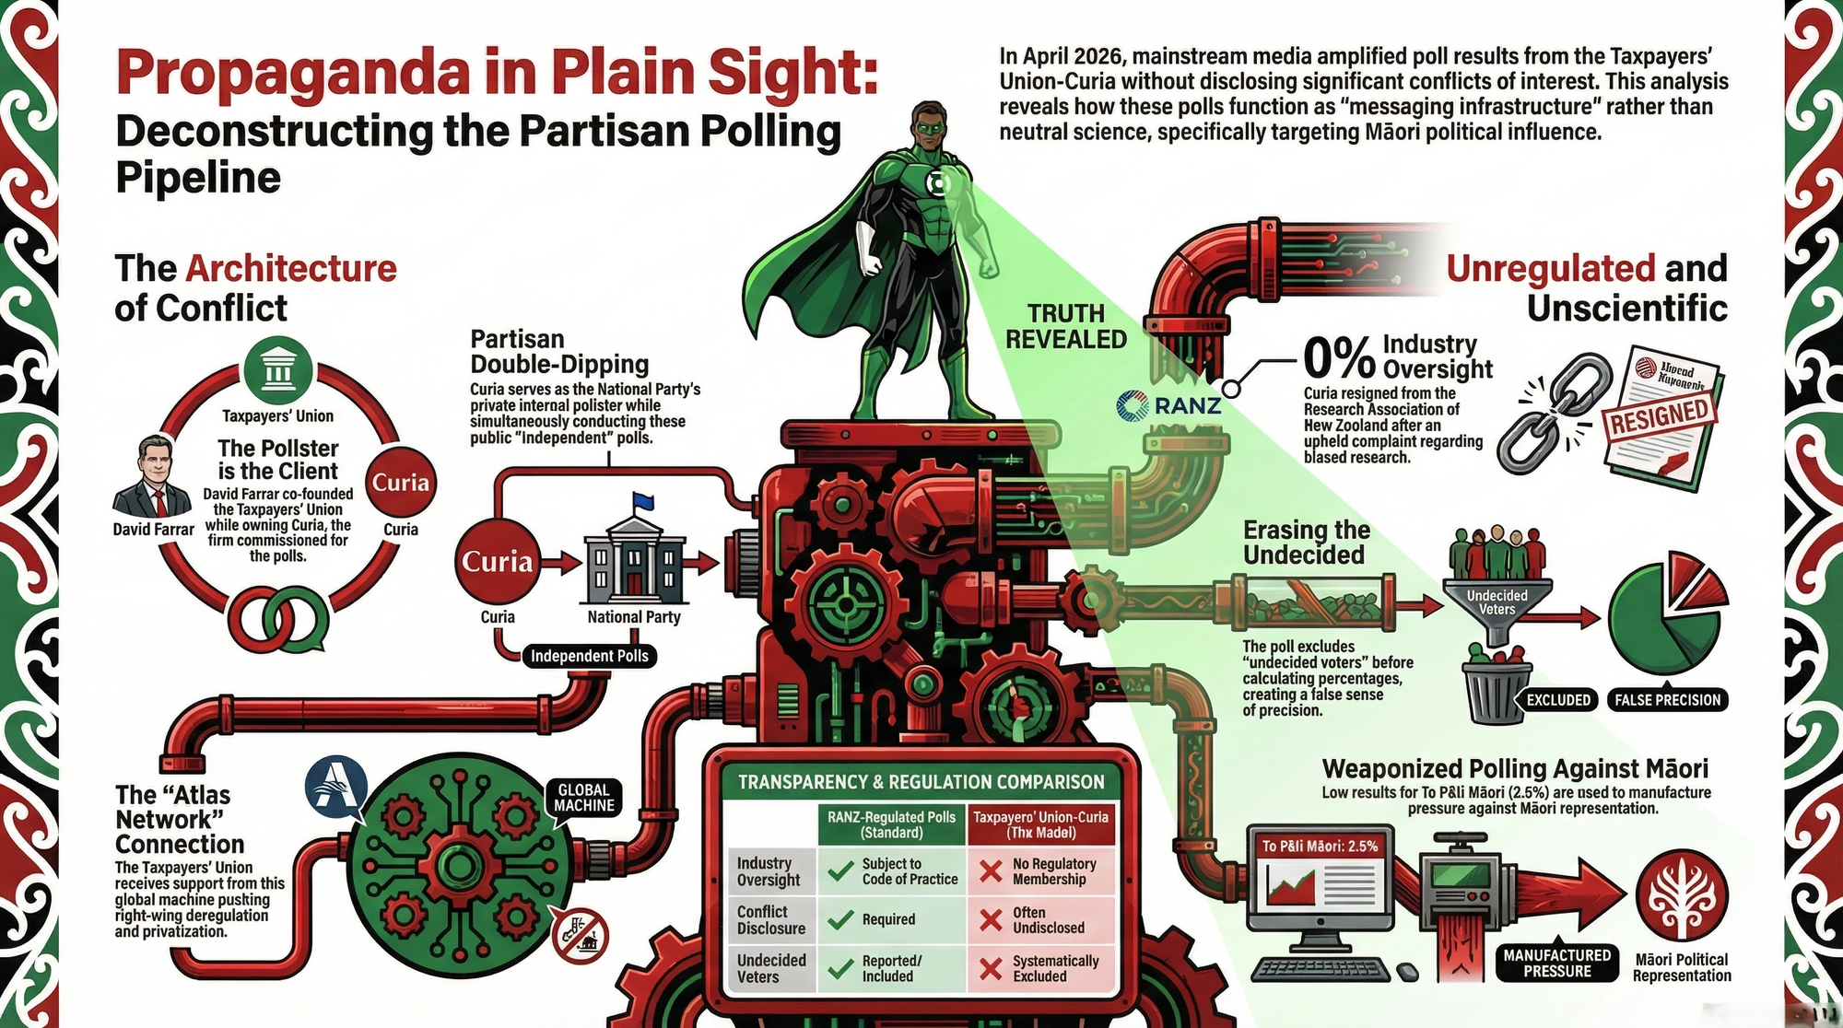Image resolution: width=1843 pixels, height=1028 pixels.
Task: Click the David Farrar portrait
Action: [152, 476]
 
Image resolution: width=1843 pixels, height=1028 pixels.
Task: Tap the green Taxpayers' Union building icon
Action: [278, 370]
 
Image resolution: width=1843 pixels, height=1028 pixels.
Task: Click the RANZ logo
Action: [1168, 405]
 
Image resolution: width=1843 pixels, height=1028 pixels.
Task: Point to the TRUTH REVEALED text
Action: [1066, 326]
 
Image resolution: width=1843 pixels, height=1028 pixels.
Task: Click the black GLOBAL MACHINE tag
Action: [583, 798]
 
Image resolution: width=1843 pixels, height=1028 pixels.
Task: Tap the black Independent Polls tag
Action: [590, 656]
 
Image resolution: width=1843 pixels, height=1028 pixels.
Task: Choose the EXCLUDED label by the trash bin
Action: [1558, 700]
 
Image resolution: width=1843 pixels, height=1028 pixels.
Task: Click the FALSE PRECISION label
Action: [1667, 700]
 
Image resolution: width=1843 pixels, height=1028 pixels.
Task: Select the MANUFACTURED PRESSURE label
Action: [1556, 964]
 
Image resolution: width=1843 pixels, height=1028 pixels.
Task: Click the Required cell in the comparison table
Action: [888, 919]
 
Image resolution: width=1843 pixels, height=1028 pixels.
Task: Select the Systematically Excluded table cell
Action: [1055, 968]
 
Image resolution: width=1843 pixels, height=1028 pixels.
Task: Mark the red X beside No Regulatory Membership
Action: [991, 871]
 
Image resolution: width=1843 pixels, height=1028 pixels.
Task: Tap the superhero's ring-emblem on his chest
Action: [941, 183]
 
